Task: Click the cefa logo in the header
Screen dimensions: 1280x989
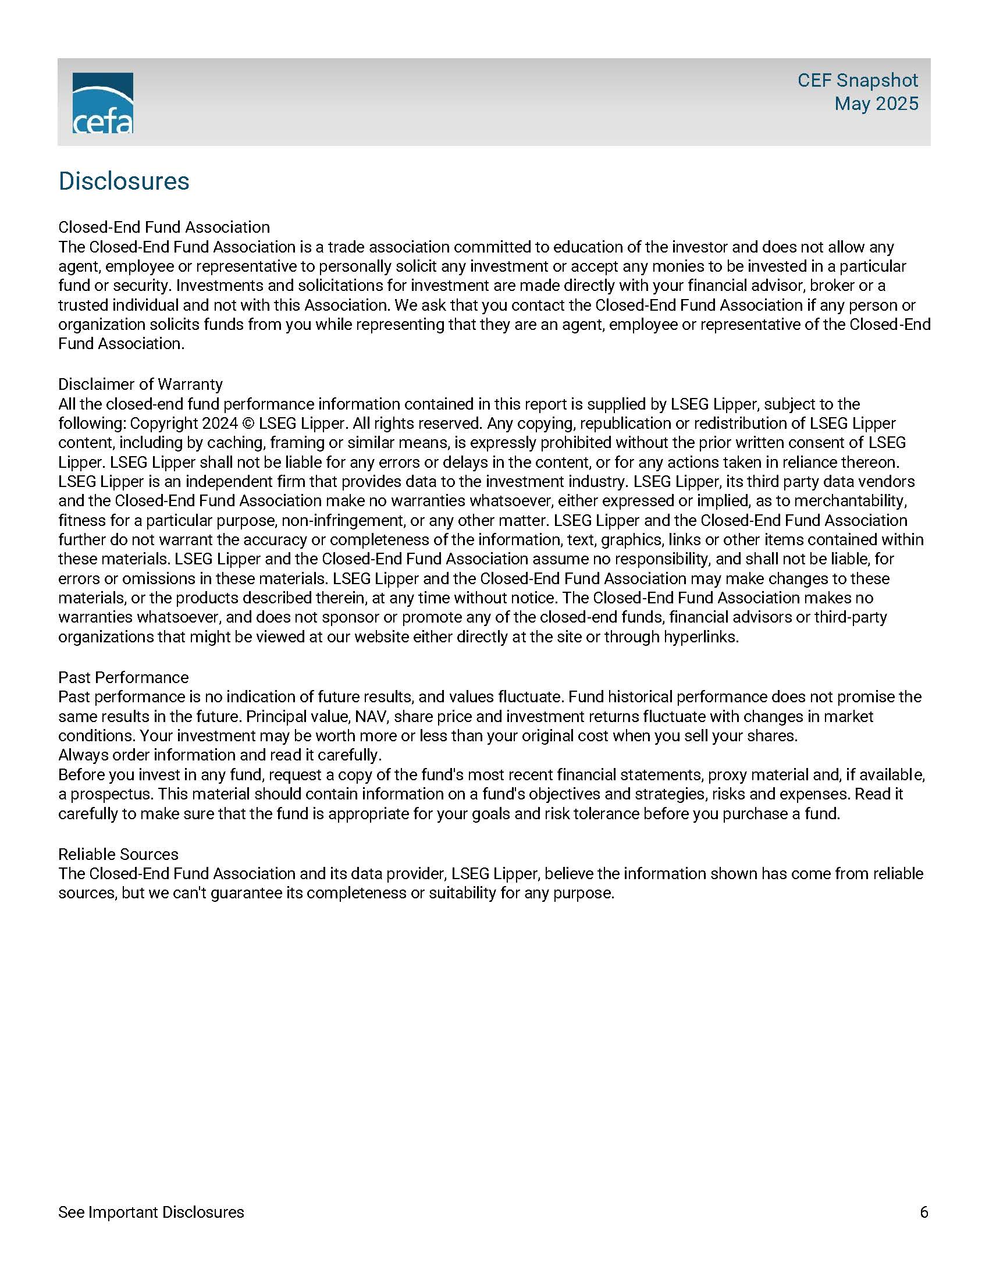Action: [x=102, y=102]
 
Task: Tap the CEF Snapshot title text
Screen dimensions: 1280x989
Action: [x=857, y=80]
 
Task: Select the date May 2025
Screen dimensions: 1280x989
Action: [x=876, y=104]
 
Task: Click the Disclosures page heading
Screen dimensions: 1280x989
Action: [x=123, y=181]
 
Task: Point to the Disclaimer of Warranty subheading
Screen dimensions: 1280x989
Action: [x=140, y=384]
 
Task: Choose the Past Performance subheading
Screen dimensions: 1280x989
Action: [x=123, y=677]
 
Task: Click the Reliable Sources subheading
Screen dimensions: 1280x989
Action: [x=118, y=854]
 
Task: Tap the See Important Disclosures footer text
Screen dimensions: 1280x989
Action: [x=151, y=1212]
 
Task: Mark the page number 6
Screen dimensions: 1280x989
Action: [x=924, y=1212]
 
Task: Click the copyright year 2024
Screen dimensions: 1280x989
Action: [x=220, y=423]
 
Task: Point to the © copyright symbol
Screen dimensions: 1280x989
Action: [x=248, y=423]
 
